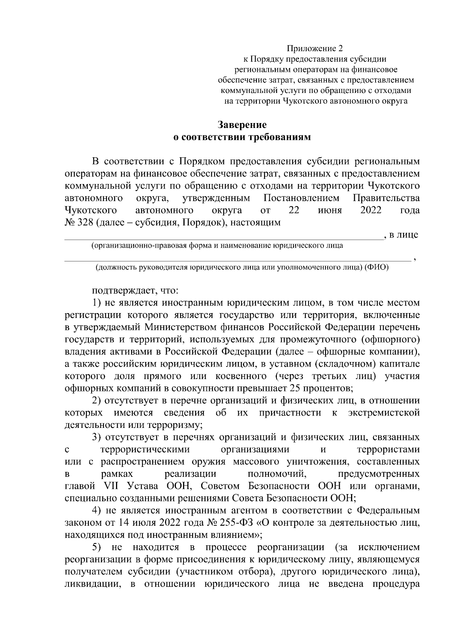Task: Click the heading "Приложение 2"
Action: click(x=316, y=49)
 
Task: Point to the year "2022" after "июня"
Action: click(x=371, y=210)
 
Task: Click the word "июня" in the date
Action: click(x=330, y=210)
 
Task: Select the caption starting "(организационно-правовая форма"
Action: click(x=217, y=246)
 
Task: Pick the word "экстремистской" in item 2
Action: click(x=384, y=413)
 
